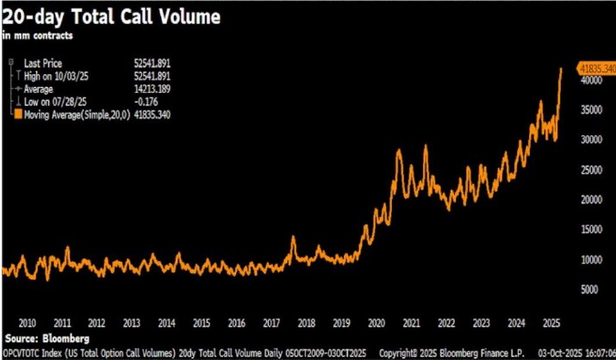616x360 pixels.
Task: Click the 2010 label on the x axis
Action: pyautogui.click(x=26, y=322)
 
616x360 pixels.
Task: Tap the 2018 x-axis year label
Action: pyautogui.click(x=306, y=322)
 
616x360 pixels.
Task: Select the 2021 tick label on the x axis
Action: pyautogui.click(x=411, y=322)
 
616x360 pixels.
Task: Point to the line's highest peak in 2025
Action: pyautogui.click(x=561, y=68)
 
